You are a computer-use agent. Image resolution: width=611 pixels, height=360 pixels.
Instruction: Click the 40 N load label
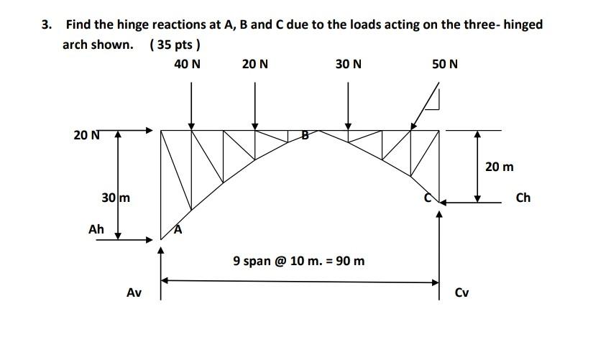coord(188,64)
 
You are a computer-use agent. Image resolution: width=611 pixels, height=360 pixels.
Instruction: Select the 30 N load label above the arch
coord(349,64)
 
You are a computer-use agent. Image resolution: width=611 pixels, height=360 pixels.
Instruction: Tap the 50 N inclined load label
coord(445,64)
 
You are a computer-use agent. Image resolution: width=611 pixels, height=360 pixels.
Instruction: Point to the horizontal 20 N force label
coord(86,134)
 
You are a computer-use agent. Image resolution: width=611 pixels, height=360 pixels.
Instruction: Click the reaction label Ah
coord(96,229)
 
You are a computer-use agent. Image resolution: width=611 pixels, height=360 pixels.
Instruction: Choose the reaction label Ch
coord(523,197)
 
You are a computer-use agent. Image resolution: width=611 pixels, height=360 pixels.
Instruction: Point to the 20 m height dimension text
coord(500,167)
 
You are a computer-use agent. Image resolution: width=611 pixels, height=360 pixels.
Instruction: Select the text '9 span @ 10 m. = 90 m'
coord(299,260)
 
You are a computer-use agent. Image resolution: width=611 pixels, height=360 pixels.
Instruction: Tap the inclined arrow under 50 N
coord(425,107)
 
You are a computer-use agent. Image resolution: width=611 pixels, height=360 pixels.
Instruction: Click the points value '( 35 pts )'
coord(175,45)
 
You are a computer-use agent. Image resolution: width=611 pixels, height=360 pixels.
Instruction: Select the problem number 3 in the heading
coord(46,24)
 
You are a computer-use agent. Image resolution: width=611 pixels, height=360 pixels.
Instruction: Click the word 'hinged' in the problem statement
coord(523,24)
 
